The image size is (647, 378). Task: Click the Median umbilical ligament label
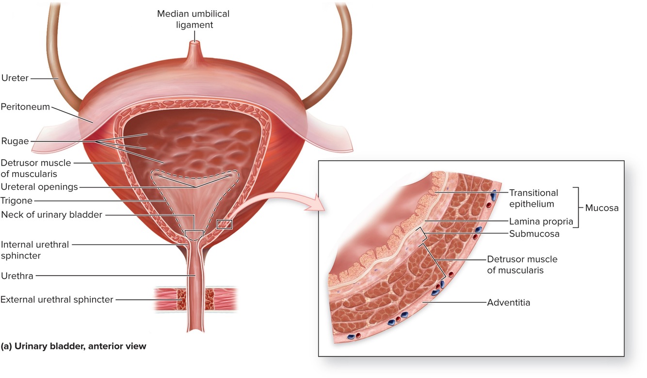[193, 19]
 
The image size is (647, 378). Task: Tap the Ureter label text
[15, 78]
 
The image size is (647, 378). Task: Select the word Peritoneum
[25, 106]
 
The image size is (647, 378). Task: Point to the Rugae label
[15, 142]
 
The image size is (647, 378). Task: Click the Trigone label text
[17, 200]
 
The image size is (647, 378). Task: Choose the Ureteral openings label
[39, 187]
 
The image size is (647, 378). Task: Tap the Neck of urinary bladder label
[51, 214]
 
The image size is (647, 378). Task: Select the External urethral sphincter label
[57, 299]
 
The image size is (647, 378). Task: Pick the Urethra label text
[16, 276]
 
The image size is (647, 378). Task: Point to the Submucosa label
[534, 233]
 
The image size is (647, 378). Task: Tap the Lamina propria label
[541, 221]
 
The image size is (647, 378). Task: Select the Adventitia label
[508, 303]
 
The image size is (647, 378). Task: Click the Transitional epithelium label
[533, 198]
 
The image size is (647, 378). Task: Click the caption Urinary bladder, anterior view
[73, 346]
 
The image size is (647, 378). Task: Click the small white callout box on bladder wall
[225, 224]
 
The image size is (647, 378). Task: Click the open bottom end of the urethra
[195, 331]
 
